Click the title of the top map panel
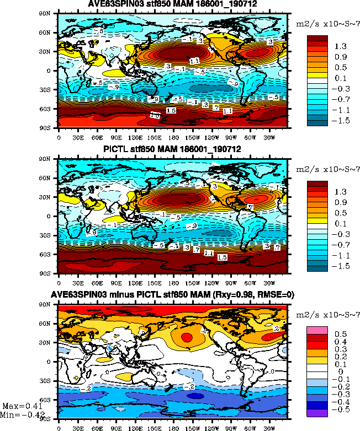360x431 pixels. (x=172, y=5)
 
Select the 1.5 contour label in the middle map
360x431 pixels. (x=223, y=257)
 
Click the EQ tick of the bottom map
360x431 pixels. (x=51, y=362)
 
